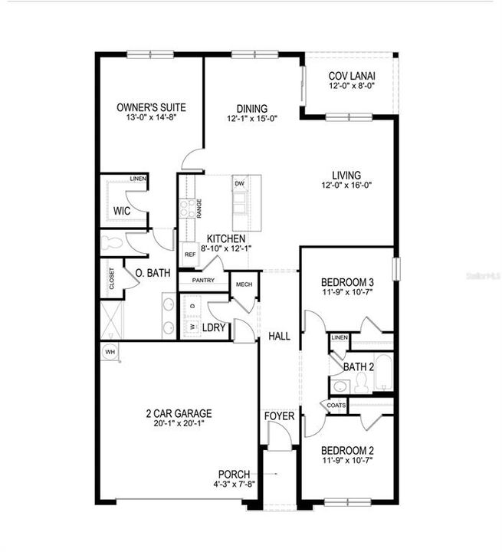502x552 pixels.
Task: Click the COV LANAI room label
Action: tap(349, 76)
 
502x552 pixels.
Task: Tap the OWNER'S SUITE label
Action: tap(151, 107)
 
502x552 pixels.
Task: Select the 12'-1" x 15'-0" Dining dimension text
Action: tap(251, 119)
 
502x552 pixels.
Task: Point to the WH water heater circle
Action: tap(110, 351)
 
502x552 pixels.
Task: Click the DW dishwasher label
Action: tap(239, 184)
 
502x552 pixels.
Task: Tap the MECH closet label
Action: tap(244, 284)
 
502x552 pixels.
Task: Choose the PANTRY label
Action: tap(203, 281)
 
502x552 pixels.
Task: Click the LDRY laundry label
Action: tap(213, 327)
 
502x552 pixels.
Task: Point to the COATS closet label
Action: tap(336, 405)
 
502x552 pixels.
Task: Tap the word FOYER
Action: tap(280, 416)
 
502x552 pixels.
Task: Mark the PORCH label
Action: tap(235, 474)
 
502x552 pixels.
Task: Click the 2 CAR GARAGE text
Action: tap(179, 413)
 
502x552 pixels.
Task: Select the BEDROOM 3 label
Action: tap(347, 281)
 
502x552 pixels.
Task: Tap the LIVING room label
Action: tap(341, 175)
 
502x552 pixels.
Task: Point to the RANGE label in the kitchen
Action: tap(199, 206)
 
